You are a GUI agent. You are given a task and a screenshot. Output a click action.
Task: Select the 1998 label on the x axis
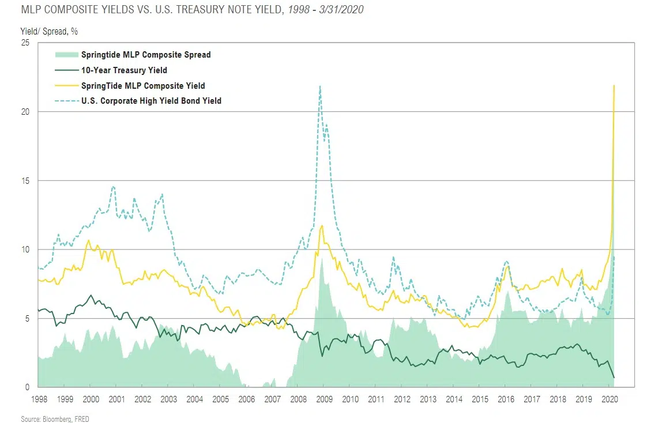coord(39,399)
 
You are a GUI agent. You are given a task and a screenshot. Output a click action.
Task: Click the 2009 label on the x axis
coord(324,399)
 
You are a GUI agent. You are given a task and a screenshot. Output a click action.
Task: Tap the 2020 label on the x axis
coord(609,399)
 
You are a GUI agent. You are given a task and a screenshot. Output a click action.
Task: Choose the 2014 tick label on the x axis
coord(454,399)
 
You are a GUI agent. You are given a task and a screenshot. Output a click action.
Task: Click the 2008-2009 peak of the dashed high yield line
coord(320,86)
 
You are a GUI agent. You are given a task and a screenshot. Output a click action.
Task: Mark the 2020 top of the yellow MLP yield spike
coord(614,85)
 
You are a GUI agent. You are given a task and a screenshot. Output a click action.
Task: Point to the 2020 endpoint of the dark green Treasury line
coord(614,377)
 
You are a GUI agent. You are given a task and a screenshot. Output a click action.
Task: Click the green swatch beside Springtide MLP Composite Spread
coord(66,55)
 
